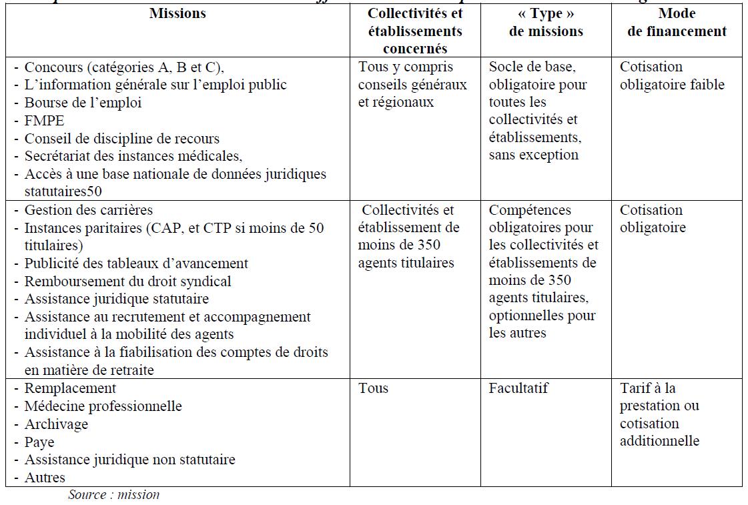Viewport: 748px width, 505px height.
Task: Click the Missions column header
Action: (x=177, y=13)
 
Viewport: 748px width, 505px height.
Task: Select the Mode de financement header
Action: (x=677, y=23)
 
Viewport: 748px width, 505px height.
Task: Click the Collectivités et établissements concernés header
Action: (x=415, y=31)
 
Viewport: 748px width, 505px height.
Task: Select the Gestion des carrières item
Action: (x=88, y=210)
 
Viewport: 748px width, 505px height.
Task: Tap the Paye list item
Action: (x=39, y=442)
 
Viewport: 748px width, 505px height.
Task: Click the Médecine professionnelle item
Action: (x=103, y=406)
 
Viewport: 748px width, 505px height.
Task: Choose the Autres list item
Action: (x=45, y=478)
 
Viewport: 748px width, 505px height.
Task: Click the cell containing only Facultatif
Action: (x=518, y=388)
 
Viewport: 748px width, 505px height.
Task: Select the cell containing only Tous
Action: (x=373, y=388)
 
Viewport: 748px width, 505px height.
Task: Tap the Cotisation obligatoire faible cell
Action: (x=671, y=76)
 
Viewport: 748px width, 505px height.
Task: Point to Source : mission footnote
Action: (x=113, y=495)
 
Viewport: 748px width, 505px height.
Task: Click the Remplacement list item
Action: (x=70, y=388)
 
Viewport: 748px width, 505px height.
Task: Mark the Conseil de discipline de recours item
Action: (x=121, y=139)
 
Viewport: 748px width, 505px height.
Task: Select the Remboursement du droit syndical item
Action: (x=127, y=282)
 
